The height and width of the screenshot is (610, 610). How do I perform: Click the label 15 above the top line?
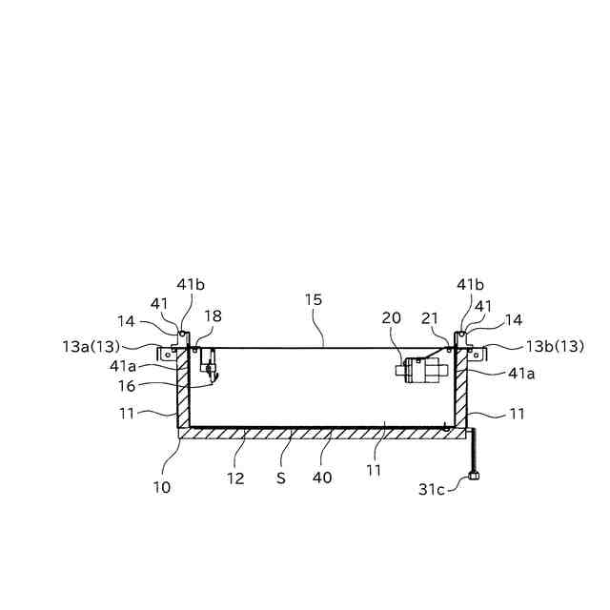click(314, 299)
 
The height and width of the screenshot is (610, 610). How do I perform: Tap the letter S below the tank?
click(281, 477)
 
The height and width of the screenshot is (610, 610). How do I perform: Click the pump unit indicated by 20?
click(419, 369)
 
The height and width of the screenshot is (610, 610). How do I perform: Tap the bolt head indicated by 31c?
click(473, 478)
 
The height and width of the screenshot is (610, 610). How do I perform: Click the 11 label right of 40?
click(374, 469)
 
